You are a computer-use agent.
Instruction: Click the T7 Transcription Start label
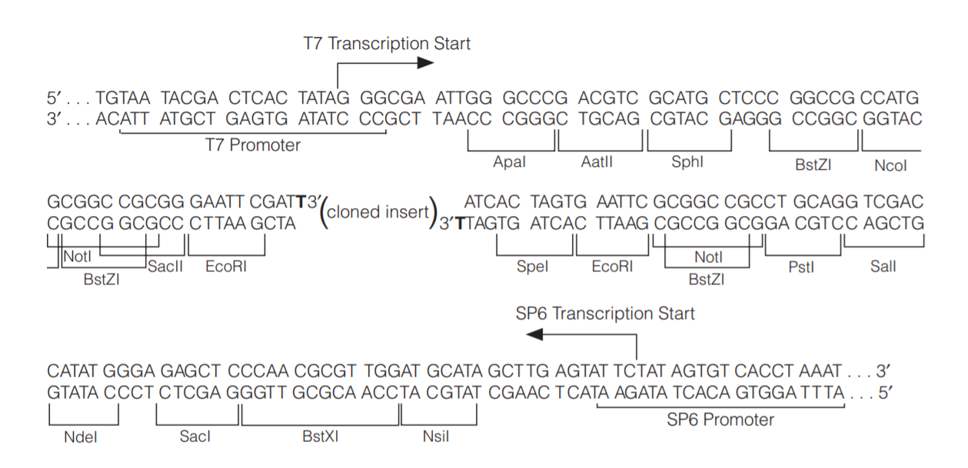tap(386, 44)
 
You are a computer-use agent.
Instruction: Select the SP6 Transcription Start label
tap(604, 314)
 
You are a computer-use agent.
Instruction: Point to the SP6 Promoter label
tap(720, 420)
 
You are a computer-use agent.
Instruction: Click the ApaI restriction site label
tap(509, 162)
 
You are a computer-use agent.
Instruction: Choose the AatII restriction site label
tap(597, 162)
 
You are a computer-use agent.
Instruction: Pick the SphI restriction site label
tap(687, 162)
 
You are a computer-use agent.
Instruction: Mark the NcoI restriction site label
tap(890, 164)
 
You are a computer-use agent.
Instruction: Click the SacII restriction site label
tap(162, 267)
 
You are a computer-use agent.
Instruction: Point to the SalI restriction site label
tap(883, 267)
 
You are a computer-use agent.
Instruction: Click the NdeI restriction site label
tap(81, 436)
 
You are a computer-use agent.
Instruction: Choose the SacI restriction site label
tap(195, 436)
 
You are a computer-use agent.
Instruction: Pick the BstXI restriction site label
tap(321, 436)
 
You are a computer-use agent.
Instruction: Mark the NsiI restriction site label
tap(436, 436)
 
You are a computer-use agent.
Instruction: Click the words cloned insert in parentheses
tap(378, 211)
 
